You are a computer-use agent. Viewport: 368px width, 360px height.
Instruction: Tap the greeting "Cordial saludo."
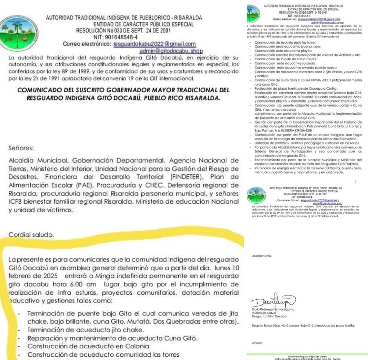pyautogui.click(x=31, y=235)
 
